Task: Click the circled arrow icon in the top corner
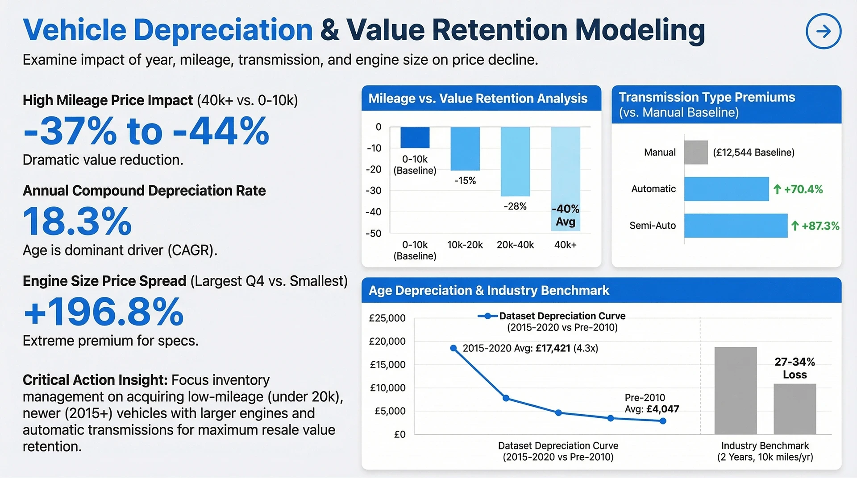tap(824, 31)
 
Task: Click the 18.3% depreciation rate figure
tap(77, 221)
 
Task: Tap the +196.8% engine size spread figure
tap(103, 311)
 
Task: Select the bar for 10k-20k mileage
tap(465, 148)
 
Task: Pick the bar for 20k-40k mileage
tap(515, 161)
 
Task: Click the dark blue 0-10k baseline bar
tap(415, 137)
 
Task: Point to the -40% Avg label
tap(566, 215)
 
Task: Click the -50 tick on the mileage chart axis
tap(374, 233)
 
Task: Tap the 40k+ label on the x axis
tap(565, 245)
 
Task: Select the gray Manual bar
tap(696, 152)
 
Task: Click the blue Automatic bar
tap(726, 189)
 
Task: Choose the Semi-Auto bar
tap(736, 226)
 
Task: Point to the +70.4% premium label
tap(798, 189)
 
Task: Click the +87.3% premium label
tap(815, 226)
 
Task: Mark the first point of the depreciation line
tap(453, 348)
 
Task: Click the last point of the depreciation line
tap(663, 421)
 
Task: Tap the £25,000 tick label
tap(387, 318)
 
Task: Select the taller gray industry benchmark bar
tap(736, 391)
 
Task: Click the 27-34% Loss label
tap(795, 368)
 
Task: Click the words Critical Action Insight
tap(95, 380)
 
